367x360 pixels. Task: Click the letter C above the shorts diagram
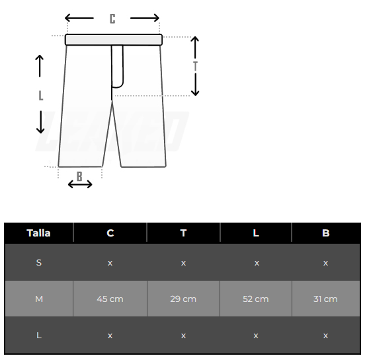(x=112, y=18)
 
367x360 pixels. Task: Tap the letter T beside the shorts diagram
(x=195, y=66)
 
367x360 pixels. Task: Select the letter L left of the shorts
(x=41, y=96)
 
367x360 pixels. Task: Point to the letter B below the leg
(x=79, y=176)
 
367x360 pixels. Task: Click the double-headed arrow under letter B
(x=80, y=184)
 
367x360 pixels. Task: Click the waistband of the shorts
(x=114, y=40)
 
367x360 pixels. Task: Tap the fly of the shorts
(x=117, y=67)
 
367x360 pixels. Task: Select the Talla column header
(x=38, y=233)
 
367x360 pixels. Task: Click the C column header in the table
(x=110, y=233)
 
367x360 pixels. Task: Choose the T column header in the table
(x=184, y=233)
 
